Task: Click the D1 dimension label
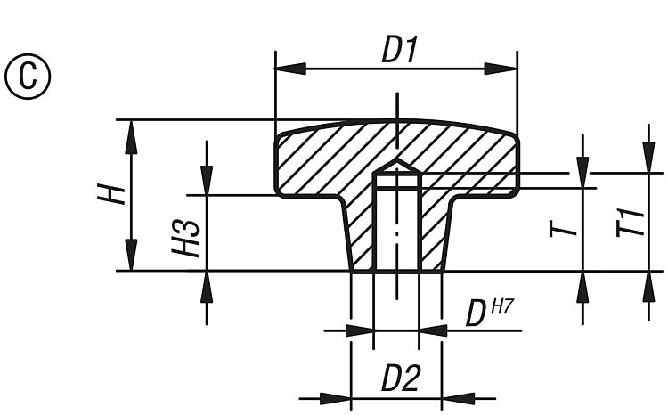tap(400, 50)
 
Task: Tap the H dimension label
tap(110, 194)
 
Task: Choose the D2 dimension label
tap(400, 379)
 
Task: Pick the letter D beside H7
tap(476, 313)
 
